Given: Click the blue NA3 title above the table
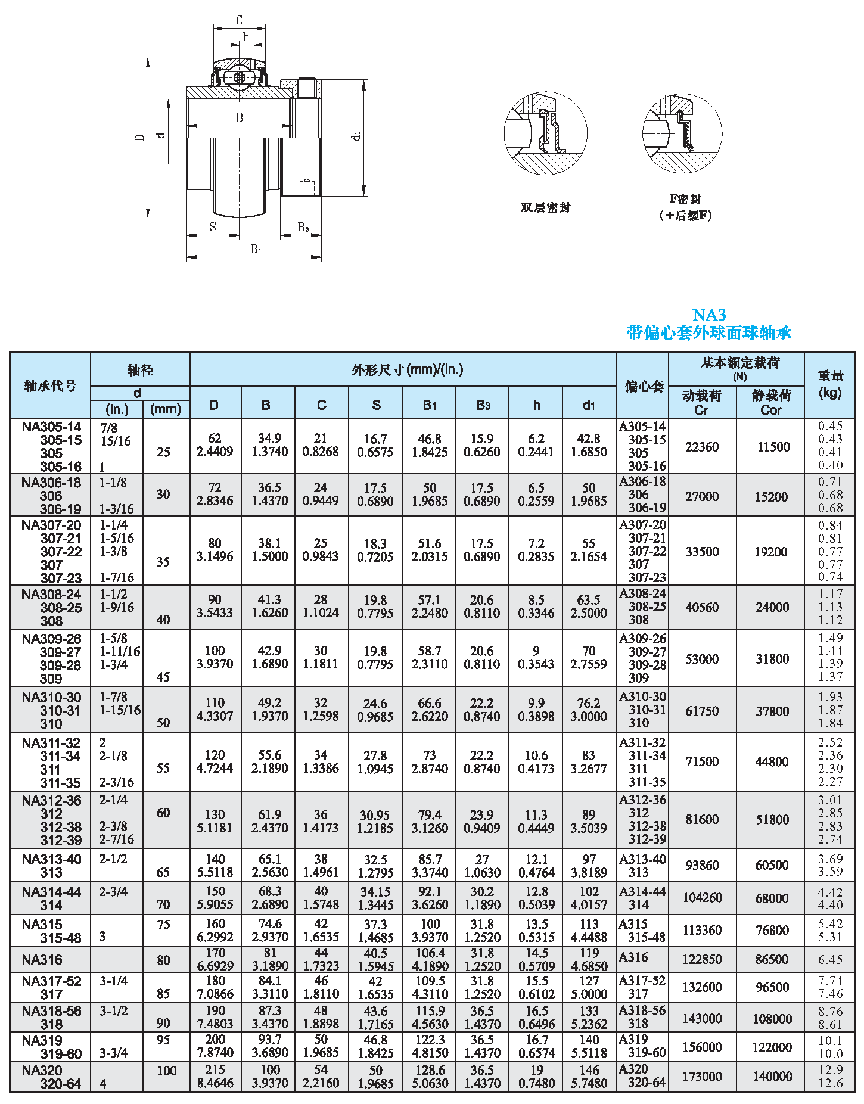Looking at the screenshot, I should [x=708, y=315].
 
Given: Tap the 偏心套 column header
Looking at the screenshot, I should [x=644, y=386].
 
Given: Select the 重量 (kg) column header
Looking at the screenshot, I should [x=830, y=384].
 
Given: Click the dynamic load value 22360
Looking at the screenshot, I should [x=701, y=447].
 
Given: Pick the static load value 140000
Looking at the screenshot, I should [x=772, y=1076].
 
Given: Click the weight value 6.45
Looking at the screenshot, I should [x=830, y=960].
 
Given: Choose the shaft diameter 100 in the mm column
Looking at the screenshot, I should [x=167, y=1071].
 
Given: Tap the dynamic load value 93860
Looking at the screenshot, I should [x=701, y=865].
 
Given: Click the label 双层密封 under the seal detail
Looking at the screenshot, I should [x=545, y=207].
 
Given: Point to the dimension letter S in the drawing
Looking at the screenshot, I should [x=213, y=227].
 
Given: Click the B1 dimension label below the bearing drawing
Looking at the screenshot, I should [x=256, y=249].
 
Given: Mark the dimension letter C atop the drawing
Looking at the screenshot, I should [x=239, y=21].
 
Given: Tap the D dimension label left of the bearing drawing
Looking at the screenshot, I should [x=140, y=137].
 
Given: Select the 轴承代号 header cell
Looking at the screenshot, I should [x=51, y=385].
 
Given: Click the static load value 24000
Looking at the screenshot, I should [x=772, y=607].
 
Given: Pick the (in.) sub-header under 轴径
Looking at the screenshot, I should [x=117, y=409].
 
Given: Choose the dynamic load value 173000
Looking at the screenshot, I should [x=701, y=1076].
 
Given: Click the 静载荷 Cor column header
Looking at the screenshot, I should [x=770, y=402].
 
